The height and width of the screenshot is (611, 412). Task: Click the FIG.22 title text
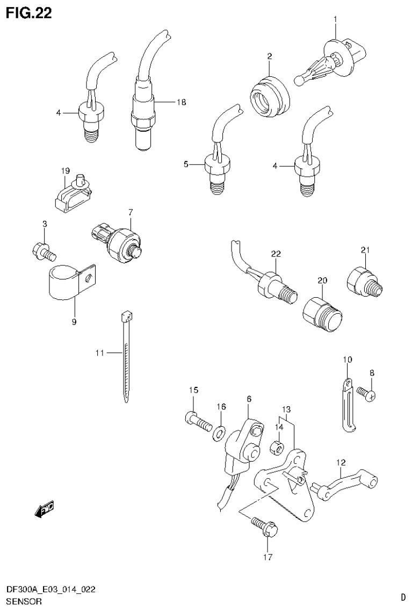point(29,13)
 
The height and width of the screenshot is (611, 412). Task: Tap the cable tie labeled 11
point(126,360)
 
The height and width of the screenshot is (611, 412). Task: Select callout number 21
point(365,249)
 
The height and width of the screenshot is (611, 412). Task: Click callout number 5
point(186,164)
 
